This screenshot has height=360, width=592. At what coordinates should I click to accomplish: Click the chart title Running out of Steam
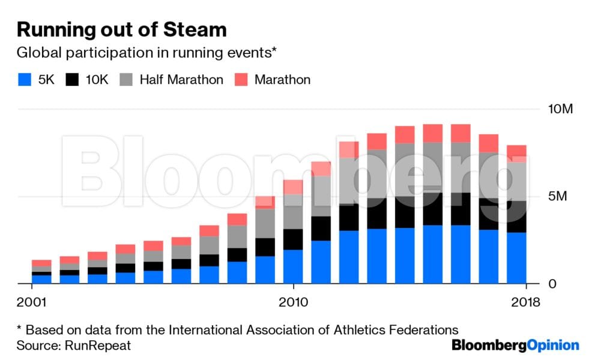coord(121,29)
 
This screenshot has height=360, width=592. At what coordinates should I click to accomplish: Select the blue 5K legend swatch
coord(25,80)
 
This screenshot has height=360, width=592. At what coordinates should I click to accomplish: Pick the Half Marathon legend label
coord(181,80)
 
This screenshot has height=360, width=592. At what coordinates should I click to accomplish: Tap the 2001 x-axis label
coord(31,301)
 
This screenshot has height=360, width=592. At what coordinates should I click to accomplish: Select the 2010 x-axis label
coord(293,301)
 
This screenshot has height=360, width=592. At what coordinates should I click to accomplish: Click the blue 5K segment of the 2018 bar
coord(516,258)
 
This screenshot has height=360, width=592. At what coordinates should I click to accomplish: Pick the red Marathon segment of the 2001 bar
coord(41,263)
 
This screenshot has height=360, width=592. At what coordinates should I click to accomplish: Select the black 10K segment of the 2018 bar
coord(516,217)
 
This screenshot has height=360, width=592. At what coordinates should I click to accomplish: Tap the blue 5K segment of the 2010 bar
coord(293,266)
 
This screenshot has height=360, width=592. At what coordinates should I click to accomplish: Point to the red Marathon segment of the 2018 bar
coord(516,151)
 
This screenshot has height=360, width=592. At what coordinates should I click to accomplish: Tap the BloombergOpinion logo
coord(515,346)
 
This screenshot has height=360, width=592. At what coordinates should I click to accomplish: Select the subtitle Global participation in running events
coord(146,53)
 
